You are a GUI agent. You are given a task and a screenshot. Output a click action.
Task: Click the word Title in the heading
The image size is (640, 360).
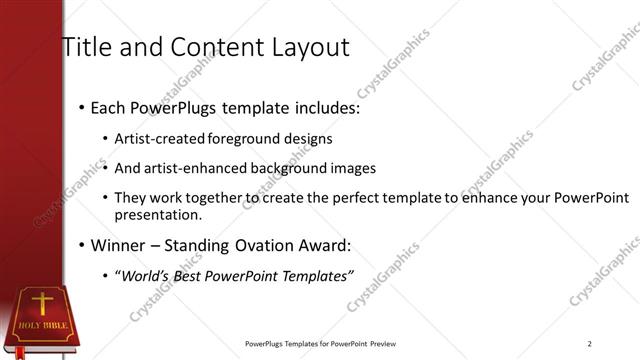(88, 46)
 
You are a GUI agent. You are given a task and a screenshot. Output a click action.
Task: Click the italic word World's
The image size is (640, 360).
(145, 276)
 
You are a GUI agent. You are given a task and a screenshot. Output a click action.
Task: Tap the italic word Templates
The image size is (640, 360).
(314, 276)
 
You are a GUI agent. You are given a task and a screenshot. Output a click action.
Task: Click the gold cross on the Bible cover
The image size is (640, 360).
(42, 302)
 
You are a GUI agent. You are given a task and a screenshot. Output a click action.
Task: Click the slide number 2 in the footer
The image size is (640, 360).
(590, 345)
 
